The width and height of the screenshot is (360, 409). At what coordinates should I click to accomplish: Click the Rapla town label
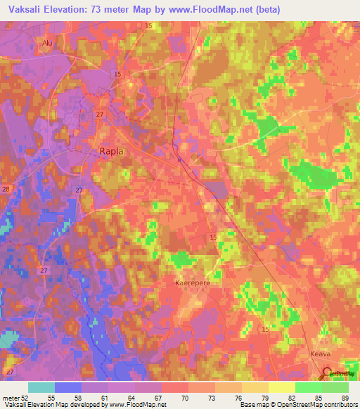tap(111, 151)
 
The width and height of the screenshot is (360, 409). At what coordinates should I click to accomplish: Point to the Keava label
tap(320, 355)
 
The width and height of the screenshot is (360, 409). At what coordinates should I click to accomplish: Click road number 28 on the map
tap(6, 190)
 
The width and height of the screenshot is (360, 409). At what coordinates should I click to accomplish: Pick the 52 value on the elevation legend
tap(25, 397)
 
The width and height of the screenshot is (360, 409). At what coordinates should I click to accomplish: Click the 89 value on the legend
tap(345, 397)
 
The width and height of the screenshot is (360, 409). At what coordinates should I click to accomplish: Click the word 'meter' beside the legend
tap(11, 397)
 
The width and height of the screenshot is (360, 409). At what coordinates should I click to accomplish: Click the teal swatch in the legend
tap(41, 387)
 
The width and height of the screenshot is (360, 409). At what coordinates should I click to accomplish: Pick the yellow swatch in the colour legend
tap(281, 387)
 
